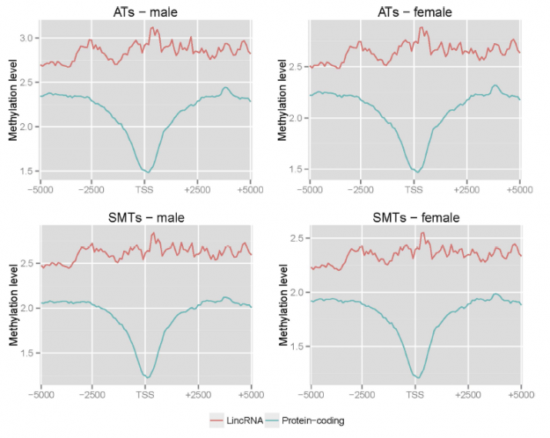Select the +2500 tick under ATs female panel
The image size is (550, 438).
click(467, 188)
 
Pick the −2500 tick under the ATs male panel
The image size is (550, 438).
click(92, 188)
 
